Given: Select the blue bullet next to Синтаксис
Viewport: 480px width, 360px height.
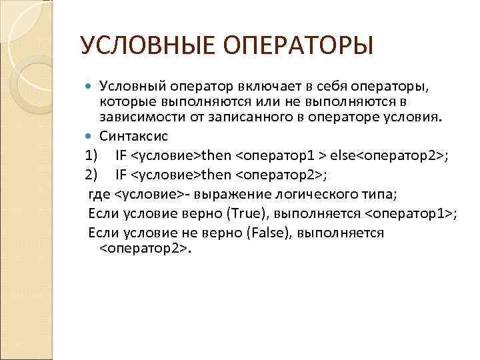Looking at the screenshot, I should (91, 136).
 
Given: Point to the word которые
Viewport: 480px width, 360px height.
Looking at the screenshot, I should (123, 102).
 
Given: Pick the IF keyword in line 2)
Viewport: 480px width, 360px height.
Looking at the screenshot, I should (121, 175).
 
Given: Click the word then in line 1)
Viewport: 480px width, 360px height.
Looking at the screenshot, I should (215, 156).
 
